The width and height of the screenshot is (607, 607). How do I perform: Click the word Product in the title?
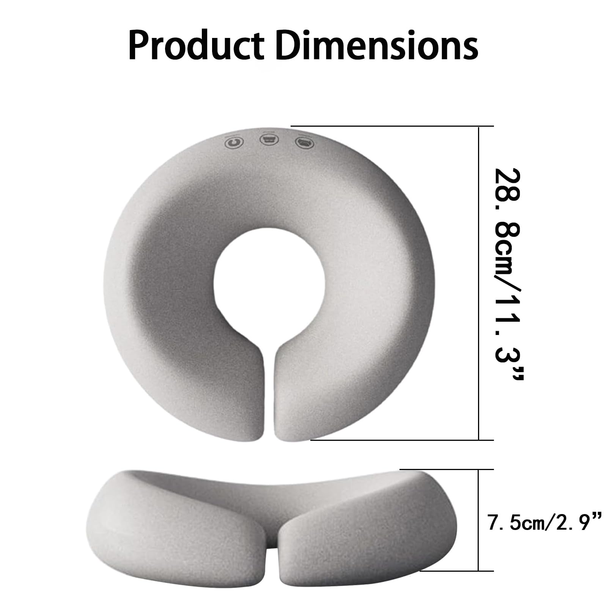pyautogui.click(x=196, y=46)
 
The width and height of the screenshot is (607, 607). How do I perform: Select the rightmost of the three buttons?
pyautogui.click(x=305, y=142)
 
